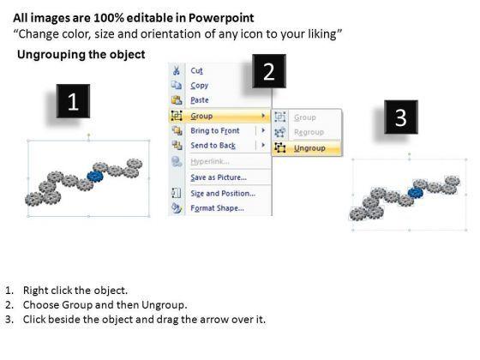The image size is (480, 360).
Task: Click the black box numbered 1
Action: (x=73, y=101)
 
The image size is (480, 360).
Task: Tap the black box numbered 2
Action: (x=269, y=71)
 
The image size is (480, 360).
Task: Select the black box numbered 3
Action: (x=401, y=117)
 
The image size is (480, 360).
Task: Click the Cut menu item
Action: (x=196, y=70)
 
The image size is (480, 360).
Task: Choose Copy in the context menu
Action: (x=199, y=86)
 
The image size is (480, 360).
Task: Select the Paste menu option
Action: (x=200, y=100)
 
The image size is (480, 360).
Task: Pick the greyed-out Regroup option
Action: (x=309, y=132)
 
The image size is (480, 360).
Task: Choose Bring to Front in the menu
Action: (x=215, y=130)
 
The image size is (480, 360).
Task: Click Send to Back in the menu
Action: (x=213, y=146)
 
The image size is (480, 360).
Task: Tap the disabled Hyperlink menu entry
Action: (x=210, y=161)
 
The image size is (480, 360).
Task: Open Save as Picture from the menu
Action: (x=219, y=177)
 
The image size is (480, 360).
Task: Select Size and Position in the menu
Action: (x=223, y=194)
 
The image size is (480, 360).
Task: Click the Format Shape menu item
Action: (x=217, y=208)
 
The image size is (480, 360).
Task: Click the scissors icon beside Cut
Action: (x=177, y=70)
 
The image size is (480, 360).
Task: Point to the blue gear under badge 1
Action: (x=95, y=177)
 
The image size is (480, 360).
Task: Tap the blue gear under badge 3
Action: (x=416, y=193)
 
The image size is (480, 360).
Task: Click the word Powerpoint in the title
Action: (x=221, y=18)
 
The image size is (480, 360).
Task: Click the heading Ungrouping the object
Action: (x=81, y=55)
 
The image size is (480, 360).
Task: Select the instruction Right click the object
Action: (x=75, y=291)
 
